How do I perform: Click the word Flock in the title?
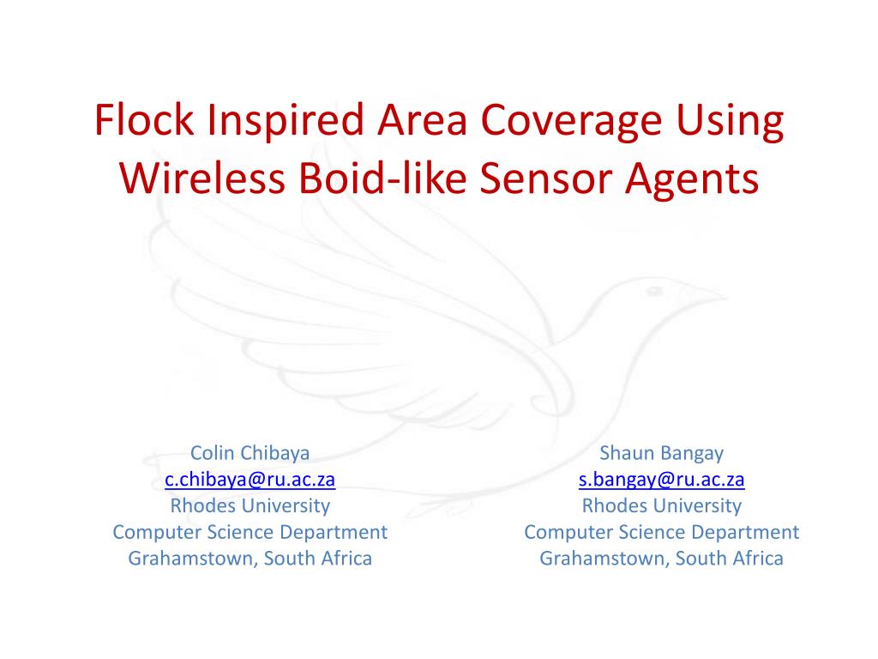pos(144,119)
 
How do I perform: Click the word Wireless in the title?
pos(202,178)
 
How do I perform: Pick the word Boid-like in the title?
pos(382,178)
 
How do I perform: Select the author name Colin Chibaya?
pos(250,453)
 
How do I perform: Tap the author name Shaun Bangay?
pos(661,454)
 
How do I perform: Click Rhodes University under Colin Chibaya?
pos(250,506)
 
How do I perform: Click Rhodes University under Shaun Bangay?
pos(661,506)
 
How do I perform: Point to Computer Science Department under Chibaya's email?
pos(250,532)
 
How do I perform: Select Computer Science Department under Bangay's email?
pos(661,532)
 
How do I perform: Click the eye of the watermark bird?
pos(654,291)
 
